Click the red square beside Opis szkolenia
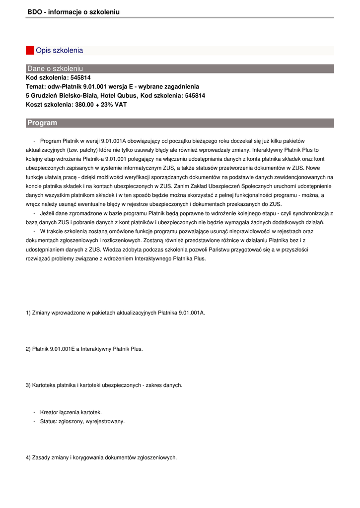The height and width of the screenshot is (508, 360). [x=30, y=51]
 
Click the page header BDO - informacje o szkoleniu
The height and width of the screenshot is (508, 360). [x=73, y=11]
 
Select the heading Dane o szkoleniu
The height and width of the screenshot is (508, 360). [x=55, y=68]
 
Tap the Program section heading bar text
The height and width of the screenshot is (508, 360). [x=42, y=123]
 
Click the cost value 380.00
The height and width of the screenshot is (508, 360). [x=84, y=105]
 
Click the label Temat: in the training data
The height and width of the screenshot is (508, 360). [x=36, y=87]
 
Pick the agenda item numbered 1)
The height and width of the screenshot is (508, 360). [x=115, y=313]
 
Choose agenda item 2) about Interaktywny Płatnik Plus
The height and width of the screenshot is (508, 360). [x=84, y=349]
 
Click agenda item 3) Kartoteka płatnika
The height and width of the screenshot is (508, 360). [x=104, y=385]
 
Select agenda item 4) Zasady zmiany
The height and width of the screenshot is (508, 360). [x=101, y=457]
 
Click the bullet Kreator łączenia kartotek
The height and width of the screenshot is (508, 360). [x=71, y=412]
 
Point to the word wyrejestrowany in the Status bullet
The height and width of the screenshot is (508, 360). [x=106, y=421]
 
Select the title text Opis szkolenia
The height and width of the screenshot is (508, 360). [x=59, y=51]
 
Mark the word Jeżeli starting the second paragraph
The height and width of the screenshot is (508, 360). [x=48, y=213]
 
